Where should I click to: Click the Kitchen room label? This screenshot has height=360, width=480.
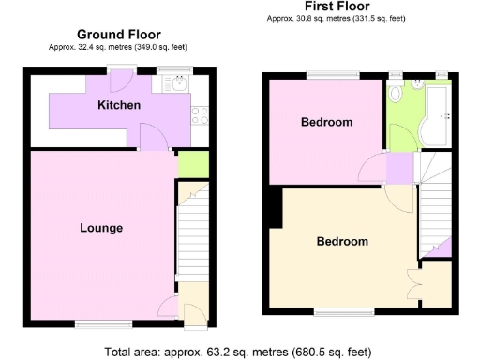(119, 105)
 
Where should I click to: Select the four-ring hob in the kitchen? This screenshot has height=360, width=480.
(200, 115)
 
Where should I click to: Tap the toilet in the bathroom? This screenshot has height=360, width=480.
(397, 95)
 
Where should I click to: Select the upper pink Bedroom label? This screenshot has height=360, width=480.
(326, 123)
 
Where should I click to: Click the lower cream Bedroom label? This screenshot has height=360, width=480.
(341, 241)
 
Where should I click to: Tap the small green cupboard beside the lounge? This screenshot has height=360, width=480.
(192, 163)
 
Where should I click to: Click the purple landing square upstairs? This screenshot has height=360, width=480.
(399, 169)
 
